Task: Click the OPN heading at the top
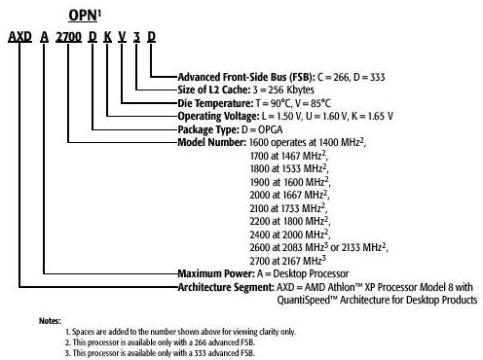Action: coord(85,16)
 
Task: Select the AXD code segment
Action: coord(19,37)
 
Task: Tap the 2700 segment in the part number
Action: coord(68,37)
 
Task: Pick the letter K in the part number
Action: coord(108,37)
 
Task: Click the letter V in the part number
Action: coord(122,37)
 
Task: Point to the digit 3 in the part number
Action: coord(136,37)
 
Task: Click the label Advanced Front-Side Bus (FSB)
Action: coord(246,77)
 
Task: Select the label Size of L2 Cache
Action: coord(214,90)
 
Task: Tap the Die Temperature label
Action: coord(215,103)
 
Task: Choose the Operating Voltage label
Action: coord(218,116)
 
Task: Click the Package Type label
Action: coord(208,129)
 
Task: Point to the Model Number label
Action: coord(212,142)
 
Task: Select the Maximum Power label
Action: coord(216,273)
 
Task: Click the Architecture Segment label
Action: coord(226,287)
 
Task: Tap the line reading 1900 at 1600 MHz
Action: coord(290,182)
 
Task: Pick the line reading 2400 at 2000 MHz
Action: coord(290,234)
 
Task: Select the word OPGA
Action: coord(271,130)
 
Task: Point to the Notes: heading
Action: coord(50,321)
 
